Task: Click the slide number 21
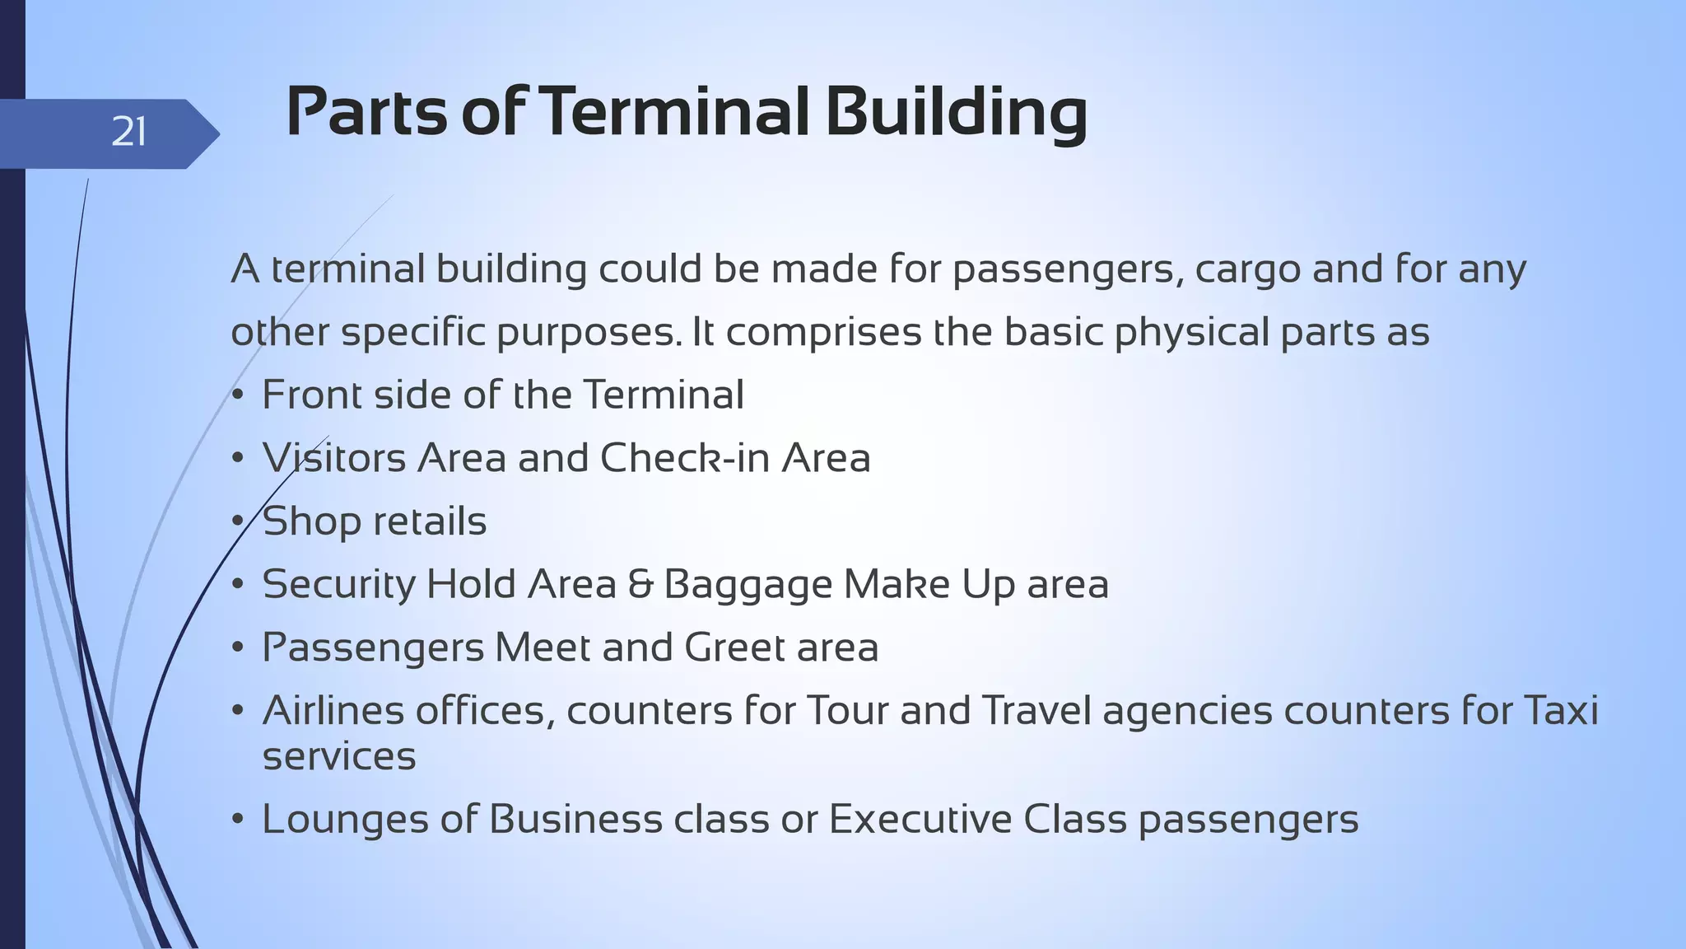[128, 132]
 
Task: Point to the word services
[339, 756]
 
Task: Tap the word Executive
[920, 820]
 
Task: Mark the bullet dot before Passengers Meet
[237, 648]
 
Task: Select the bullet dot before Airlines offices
[237, 711]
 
